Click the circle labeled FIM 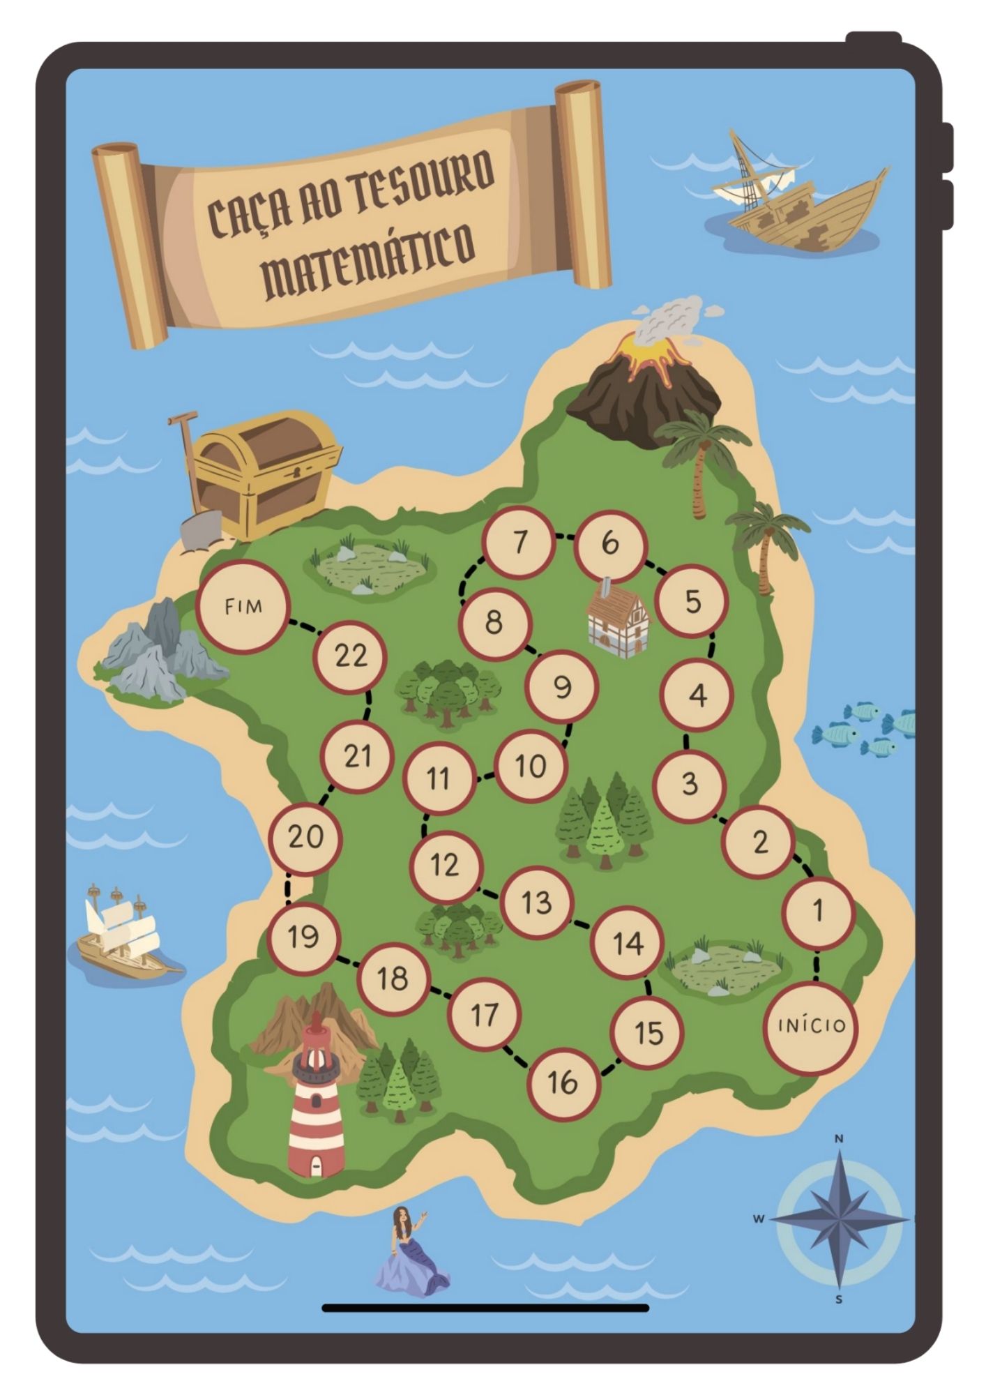(243, 606)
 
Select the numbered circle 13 (536, 902)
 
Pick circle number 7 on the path (519, 542)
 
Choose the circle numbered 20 (305, 836)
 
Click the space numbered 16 (563, 1083)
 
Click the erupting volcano (645, 380)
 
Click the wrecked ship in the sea (802, 202)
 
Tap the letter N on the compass (839, 1139)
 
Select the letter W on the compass (759, 1219)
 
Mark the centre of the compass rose (840, 1219)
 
